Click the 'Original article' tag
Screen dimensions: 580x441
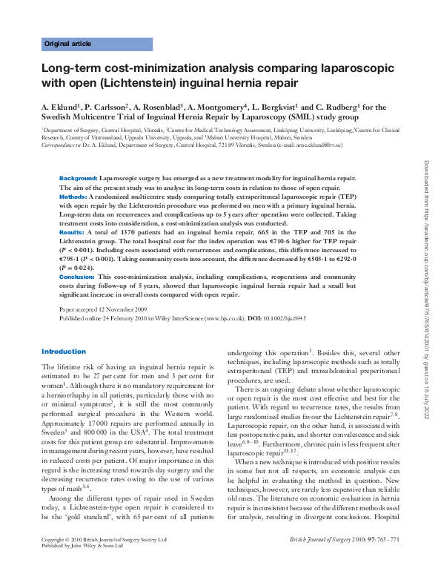coord(68,44)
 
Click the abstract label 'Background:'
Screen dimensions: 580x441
coord(78,179)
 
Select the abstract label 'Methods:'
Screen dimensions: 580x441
coord(73,198)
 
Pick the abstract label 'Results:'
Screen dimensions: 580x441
coord(72,232)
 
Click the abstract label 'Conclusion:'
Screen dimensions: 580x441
coord(76,275)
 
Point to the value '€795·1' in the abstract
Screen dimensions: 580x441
coord(72,259)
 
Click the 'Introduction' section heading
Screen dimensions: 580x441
coord(64,351)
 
